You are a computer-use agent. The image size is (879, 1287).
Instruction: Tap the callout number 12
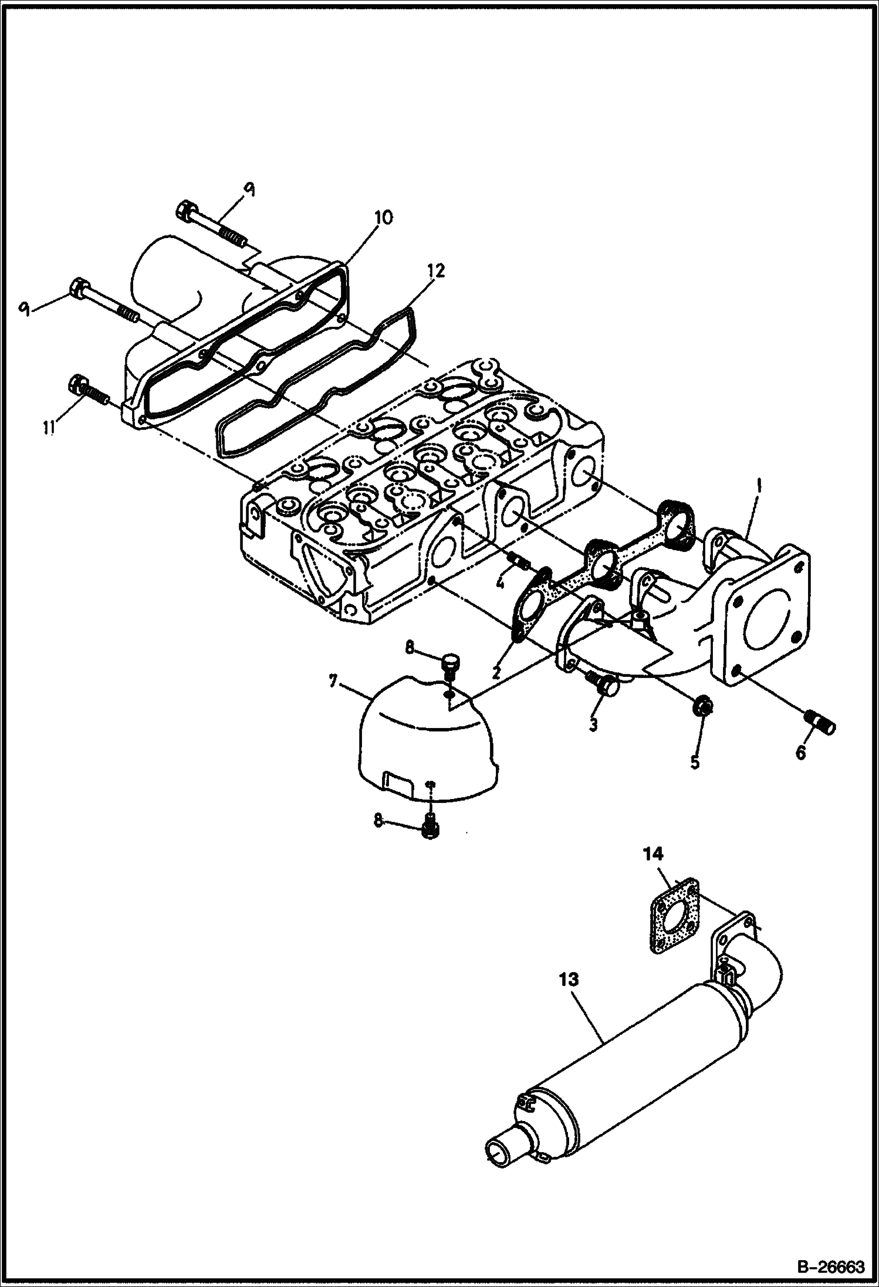(435, 271)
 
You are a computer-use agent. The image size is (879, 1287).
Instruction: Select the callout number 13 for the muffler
(569, 980)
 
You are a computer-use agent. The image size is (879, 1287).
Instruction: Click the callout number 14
(653, 855)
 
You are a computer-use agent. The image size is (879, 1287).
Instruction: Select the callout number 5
(694, 763)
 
